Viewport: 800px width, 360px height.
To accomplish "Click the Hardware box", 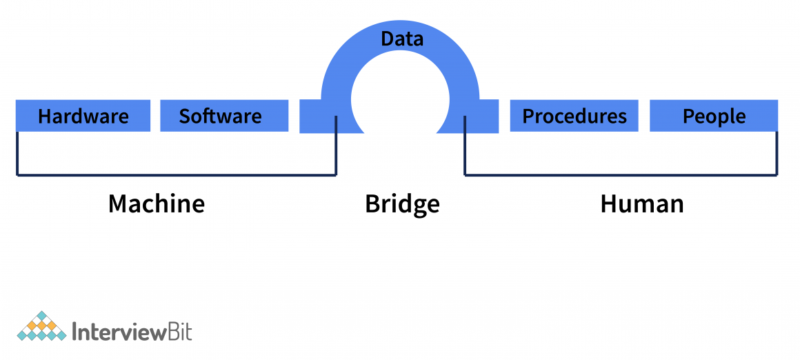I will (x=83, y=115).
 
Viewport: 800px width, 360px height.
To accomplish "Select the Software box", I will (x=224, y=115).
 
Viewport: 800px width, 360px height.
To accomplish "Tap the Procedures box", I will (x=574, y=115).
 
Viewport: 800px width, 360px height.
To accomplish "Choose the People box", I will (x=714, y=115).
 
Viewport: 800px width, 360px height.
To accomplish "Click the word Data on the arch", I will (x=402, y=39).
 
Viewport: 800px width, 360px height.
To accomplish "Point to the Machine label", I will (x=157, y=203).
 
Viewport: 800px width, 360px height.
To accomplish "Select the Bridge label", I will (x=402, y=204).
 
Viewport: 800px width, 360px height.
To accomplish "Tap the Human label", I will (x=642, y=203).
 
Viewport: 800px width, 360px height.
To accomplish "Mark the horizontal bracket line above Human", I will (x=621, y=175).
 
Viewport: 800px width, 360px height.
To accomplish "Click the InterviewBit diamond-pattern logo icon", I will (x=42, y=327).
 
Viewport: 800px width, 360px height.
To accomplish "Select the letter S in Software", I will (x=185, y=116).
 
